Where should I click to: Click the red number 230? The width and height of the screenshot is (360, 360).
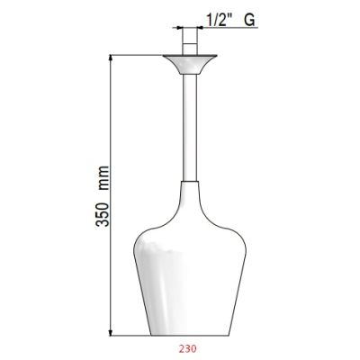188,348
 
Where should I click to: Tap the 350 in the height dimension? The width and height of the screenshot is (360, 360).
103,214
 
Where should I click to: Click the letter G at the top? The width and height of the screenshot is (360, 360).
249,21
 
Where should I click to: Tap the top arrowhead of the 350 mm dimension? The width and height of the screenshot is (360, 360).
111,58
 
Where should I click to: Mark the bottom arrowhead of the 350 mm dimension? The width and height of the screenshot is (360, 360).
111,332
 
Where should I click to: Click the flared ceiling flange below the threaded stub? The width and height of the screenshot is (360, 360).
190,64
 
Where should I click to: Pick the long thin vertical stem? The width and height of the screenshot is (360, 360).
190,128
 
